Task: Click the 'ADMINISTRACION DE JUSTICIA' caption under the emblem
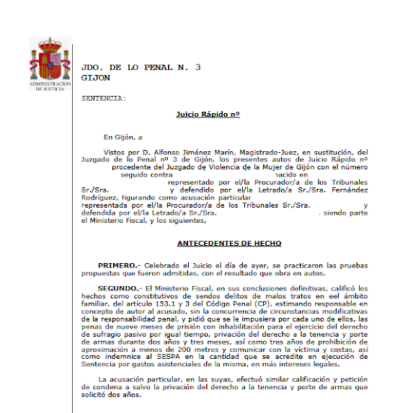(50, 87)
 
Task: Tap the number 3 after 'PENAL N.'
(197, 67)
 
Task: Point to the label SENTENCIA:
(104, 97)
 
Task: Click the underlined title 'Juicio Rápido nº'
(208, 114)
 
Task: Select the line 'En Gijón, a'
(123, 137)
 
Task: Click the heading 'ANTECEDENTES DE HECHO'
(228, 244)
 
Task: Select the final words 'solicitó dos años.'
(112, 394)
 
